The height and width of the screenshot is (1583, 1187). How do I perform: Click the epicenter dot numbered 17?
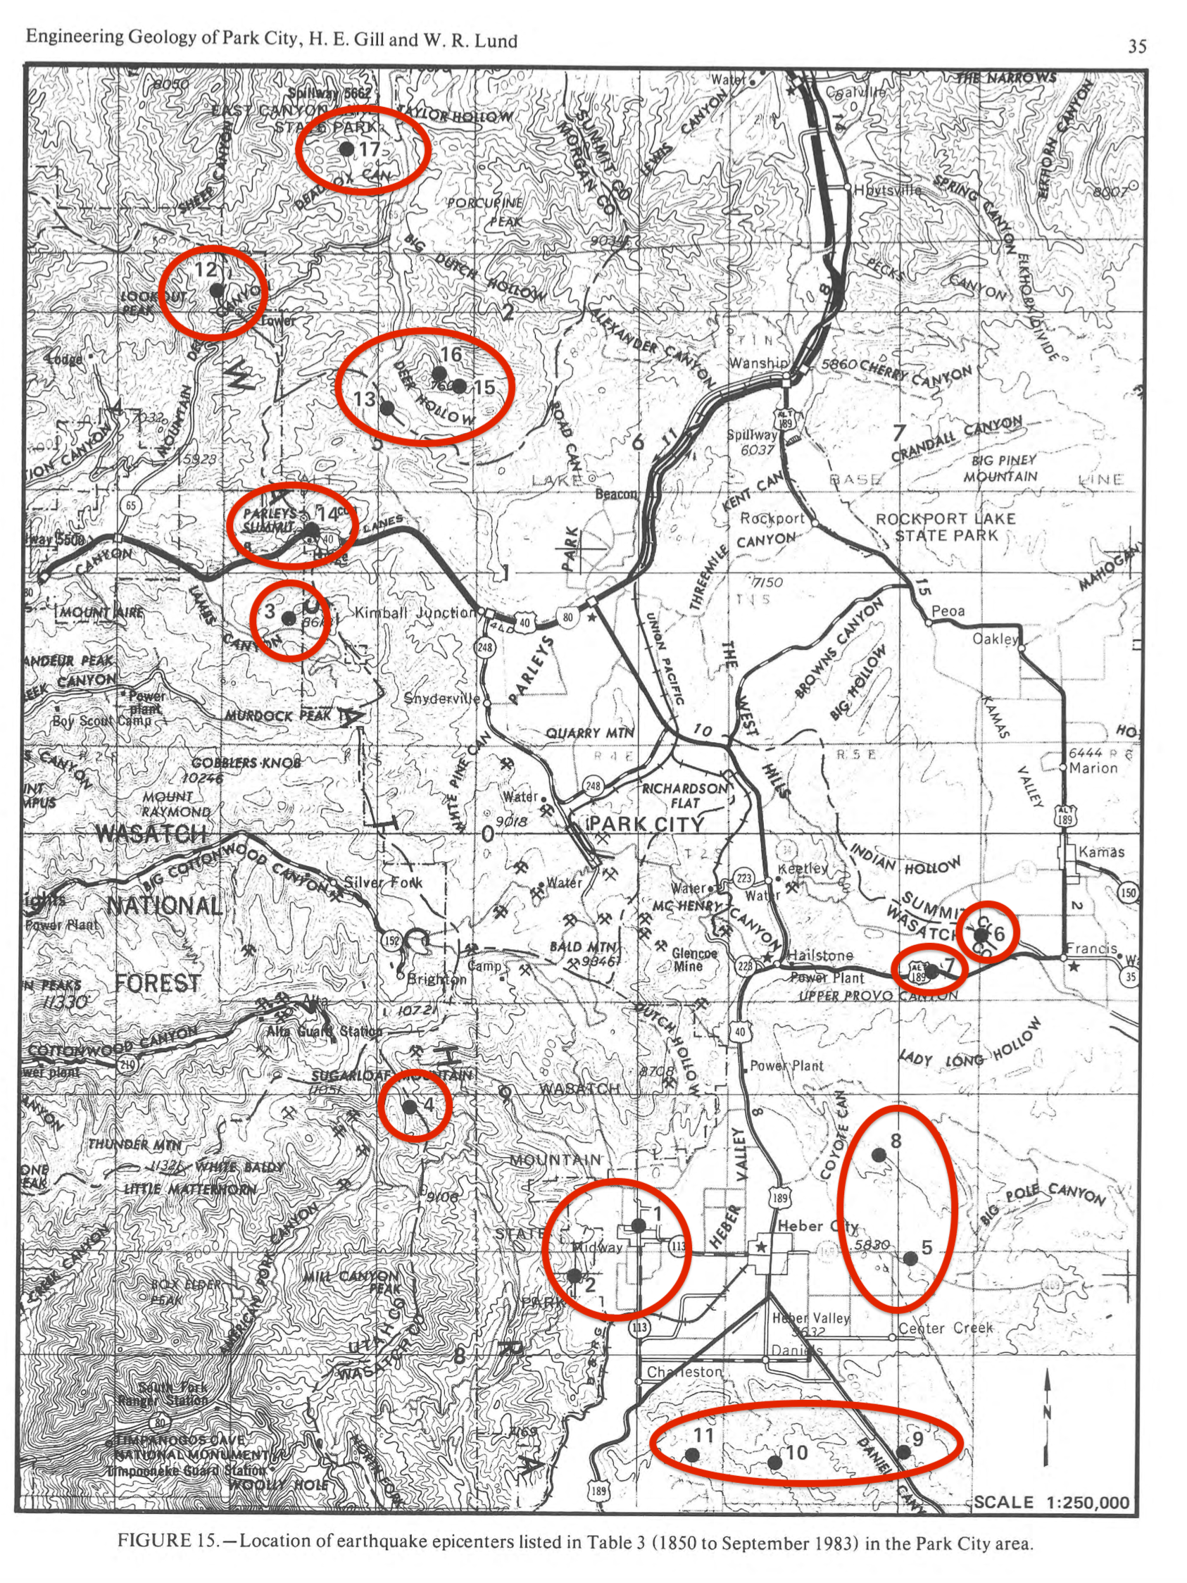346,149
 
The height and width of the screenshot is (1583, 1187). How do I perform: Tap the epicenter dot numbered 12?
216,290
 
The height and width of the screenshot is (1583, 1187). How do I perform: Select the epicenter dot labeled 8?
879,1153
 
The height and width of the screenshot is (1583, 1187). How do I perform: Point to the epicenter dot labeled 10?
774,1462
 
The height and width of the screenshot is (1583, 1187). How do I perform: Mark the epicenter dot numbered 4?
409,1106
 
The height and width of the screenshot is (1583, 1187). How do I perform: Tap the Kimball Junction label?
415,613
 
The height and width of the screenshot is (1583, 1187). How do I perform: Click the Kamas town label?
1101,851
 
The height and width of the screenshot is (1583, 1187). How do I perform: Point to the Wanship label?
758,363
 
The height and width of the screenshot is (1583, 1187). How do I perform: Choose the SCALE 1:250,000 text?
1052,1503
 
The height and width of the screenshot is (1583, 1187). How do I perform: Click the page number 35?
1138,46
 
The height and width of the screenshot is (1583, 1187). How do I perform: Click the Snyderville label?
441,698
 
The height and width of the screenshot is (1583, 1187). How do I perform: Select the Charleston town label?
684,1372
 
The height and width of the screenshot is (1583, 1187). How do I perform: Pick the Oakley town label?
995,639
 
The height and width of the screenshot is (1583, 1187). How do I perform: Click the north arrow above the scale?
1047,1413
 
